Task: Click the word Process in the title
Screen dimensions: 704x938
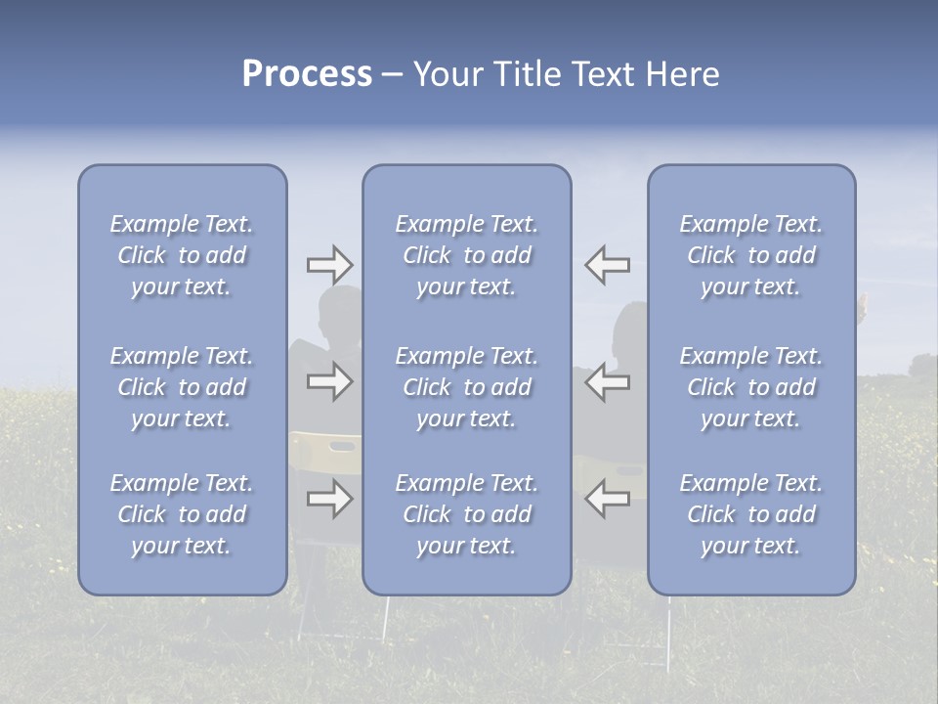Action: click(x=307, y=74)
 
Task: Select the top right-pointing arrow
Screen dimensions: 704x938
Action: click(x=329, y=265)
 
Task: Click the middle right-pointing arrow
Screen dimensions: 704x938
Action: click(x=329, y=381)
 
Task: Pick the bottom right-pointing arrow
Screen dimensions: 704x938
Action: click(x=329, y=500)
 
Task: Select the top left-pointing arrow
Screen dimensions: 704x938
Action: click(x=607, y=265)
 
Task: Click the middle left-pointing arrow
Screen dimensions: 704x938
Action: click(x=607, y=381)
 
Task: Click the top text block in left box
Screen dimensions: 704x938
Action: click(x=182, y=255)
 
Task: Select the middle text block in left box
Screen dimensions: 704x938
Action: click(x=182, y=387)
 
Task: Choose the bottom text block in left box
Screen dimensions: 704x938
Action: click(x=182, y=514)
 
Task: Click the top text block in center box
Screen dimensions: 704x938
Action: click(x=466, y=255)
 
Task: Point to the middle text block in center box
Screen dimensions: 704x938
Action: click(x=466, y=387)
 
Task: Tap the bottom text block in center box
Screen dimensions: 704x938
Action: click(x=466, y=514)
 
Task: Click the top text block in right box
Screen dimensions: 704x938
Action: click(x=750, y=255)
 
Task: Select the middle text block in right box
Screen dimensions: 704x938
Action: click(x=750, y=387)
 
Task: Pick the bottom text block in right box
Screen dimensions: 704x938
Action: click(x=750, y=514)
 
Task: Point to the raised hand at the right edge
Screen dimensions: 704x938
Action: click(x=863, y=302)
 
